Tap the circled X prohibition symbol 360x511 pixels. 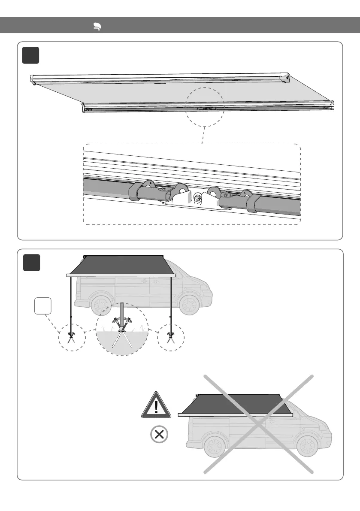[159, 435]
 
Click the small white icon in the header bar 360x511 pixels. [97, 27]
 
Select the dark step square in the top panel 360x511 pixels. [31, 55]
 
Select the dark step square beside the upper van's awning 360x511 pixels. [31, 263]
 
